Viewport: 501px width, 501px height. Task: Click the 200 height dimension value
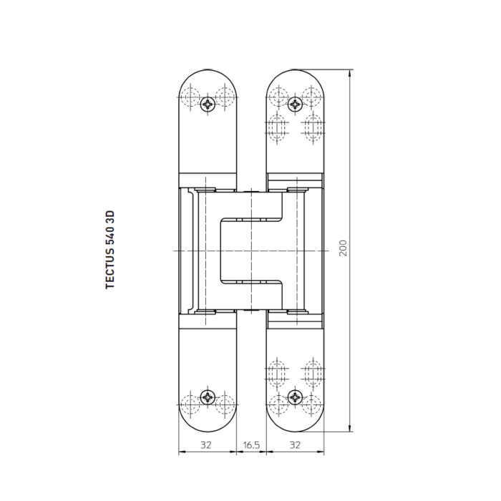pyautogui.click(x=344, y=248)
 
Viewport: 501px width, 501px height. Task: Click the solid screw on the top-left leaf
pyautogui.click(x=208, y=104)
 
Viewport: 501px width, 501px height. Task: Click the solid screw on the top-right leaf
pyautogui.click(x=295, y=105)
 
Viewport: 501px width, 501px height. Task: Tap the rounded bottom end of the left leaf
pyautogui.click(x=208, y=427)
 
